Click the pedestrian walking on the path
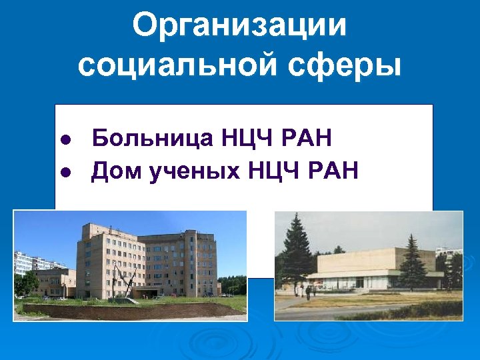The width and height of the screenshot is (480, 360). click(x=309, y=292)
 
